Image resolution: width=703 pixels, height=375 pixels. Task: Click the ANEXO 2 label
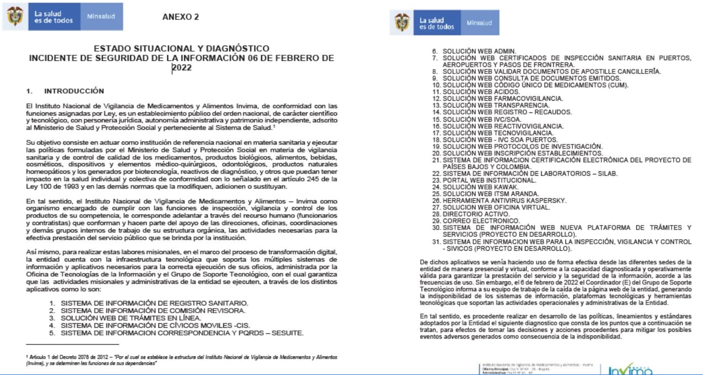(x=180, y=17)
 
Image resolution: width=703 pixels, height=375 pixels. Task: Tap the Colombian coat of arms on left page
(x=15, y=17)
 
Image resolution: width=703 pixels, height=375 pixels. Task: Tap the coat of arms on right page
(x=402, y=23)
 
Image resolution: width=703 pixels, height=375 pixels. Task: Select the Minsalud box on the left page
(x=101, y=17)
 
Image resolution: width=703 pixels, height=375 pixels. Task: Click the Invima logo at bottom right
(x=630, y=370)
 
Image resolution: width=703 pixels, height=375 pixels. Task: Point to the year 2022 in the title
(x=182, y=67)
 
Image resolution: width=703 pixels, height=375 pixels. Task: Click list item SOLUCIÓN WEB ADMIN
(x=479, y=51)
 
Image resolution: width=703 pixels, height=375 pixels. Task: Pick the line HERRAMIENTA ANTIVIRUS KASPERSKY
(x=504, y=201)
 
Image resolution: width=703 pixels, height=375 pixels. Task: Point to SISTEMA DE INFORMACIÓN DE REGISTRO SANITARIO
(x=154, y=303)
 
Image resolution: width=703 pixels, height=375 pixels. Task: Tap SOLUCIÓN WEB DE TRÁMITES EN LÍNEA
(x=131, y=318)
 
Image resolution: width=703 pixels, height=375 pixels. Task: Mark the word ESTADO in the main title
(x=110, y=49)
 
